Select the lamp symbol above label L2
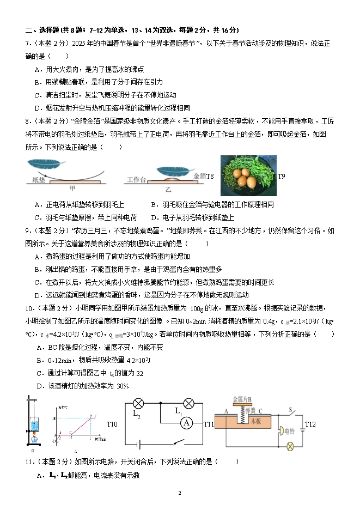[x=138, y=404]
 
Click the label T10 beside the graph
[x=112, y=424]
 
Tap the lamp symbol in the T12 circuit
[x=290, y=446]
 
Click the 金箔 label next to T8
[x=199, y=176]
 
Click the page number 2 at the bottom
[x=180, y=493]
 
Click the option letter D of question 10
[x=39, y=386]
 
